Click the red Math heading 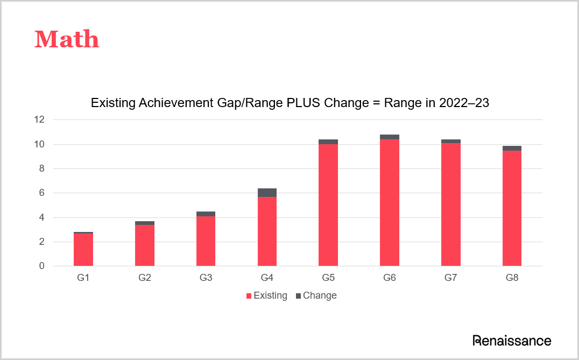click(67, 39)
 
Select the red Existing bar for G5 click(328, 204)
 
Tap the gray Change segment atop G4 click(267, 193)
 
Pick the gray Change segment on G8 click(512, 148)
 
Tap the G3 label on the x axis click(206, 278)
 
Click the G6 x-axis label click(390, 278)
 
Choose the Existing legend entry click(267, 295)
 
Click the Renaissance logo click(512, 340)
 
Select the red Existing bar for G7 click(450, 204)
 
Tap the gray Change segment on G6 click(390, 137)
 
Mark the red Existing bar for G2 click(145, 245)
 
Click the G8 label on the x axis click(512, 278)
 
